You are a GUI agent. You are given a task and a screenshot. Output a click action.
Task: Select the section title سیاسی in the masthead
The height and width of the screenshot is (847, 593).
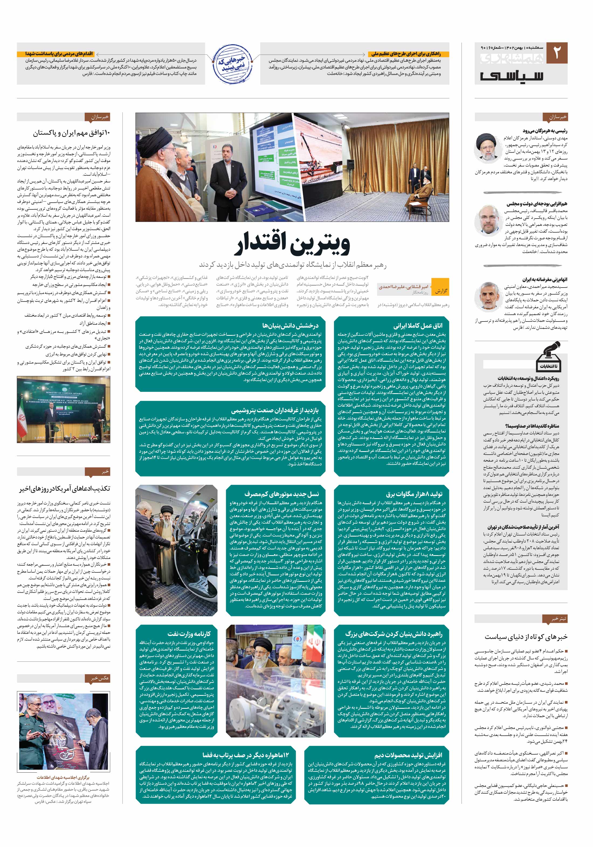click(512, 75)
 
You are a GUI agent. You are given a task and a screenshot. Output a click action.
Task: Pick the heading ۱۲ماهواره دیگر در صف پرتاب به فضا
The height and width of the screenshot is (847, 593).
click(245, 755)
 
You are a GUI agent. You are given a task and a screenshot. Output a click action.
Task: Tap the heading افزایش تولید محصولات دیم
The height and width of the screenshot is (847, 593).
click(408, 755)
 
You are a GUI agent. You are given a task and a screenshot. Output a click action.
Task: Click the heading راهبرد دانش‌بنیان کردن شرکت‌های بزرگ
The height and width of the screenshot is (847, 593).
click(394, 634)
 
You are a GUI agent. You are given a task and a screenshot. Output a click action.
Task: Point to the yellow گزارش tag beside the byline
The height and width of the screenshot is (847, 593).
click(441, 291)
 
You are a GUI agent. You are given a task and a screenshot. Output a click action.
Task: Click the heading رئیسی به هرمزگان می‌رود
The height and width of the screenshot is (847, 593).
click(545, 131)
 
